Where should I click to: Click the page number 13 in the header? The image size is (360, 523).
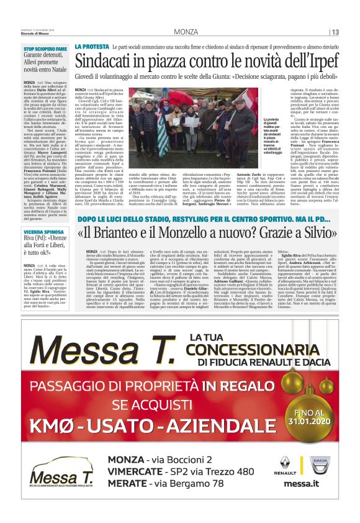336,32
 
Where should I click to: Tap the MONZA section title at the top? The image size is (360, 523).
186,32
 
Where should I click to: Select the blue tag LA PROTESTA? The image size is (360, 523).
92,47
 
